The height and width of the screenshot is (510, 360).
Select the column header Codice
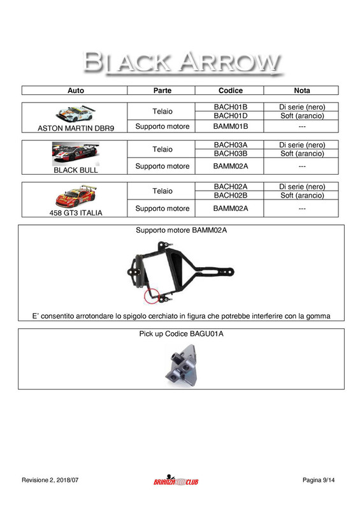(230, 91)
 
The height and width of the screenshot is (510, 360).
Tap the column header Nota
(302, 91)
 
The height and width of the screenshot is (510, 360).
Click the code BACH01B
(230, 106)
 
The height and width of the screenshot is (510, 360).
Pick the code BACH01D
(230, 115)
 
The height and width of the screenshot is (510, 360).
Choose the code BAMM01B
(230, 126)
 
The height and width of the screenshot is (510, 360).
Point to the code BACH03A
(230, 145)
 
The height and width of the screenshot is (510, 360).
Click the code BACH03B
(230, 154)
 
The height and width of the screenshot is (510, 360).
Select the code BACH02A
(230, 186)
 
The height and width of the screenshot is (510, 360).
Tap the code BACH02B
(230, 195)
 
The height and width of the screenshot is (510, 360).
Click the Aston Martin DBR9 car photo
(75, 113)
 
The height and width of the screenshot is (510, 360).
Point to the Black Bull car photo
(75, 154)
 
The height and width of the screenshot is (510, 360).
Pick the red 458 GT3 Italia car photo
(75, 194)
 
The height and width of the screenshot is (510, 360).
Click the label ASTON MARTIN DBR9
(75, 128)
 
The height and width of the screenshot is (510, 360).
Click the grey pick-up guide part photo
(181, 363)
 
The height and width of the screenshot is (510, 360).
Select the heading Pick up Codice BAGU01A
(181, 333)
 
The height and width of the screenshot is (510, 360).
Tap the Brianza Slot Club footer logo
(176, 481)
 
